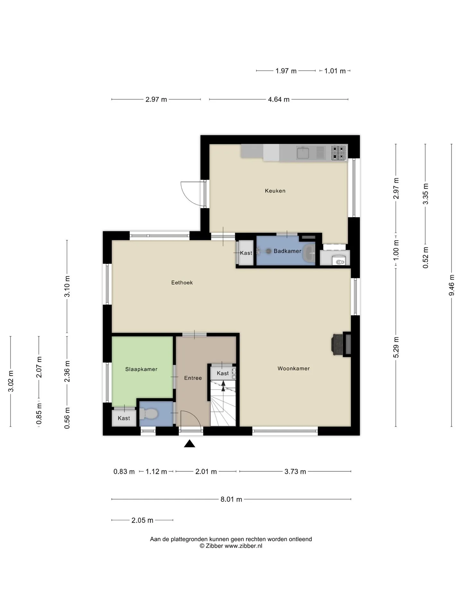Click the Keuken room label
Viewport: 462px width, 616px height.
[275, 191]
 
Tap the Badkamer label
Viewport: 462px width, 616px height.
[287, 251]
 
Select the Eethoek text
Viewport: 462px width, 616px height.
[182, 283]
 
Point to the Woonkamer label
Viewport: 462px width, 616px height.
[294, 369]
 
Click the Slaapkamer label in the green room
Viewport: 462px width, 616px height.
[141, 369]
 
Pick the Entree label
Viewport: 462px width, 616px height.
[193, 378]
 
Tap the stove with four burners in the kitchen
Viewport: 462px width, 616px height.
[339, 153]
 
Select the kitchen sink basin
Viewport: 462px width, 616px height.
[303, 153]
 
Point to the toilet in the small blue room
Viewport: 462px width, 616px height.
[148, 414]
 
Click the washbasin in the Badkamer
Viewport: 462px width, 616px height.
[310, 254]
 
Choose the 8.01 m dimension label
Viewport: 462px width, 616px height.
[231, 499]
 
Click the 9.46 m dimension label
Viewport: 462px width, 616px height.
[451, 285]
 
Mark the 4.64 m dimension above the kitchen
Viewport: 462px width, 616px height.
[278, 99]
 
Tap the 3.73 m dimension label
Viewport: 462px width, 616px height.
[295, 472]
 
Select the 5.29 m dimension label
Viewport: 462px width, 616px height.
[396, 347]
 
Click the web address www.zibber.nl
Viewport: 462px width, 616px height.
[243, 546]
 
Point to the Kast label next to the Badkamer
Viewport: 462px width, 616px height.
[246, 253]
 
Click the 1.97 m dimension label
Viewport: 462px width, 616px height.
[286, 71]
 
